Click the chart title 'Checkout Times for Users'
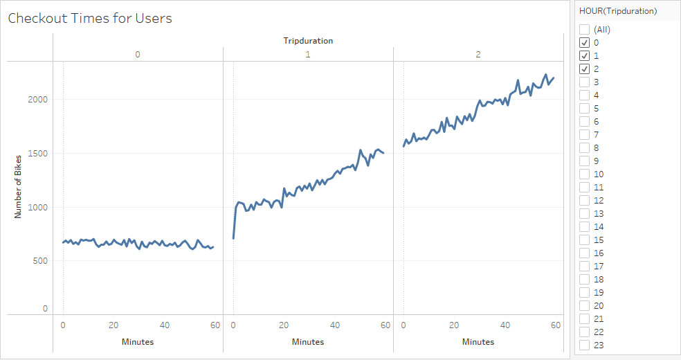click(x=90, y=19)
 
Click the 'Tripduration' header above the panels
click(x=308, y=41)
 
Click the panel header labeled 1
click(x=308, y=54)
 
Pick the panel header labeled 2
click(x=478, y=54)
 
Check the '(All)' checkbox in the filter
click(x=585, y=30)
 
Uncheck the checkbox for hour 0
click(x=585, y=43)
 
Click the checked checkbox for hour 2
click(x=585, y=69)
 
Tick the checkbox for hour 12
click(x=585, y=201)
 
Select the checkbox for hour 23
click(x=585, y=345)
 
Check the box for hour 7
click(x=585, y=135)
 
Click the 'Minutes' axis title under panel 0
click(x=138, y=342)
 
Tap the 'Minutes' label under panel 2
click(x=478, y=342)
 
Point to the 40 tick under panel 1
click(x=335, y=325)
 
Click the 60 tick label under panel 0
click(x=215, y=325)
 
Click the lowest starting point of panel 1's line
click(x=233, y=238)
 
